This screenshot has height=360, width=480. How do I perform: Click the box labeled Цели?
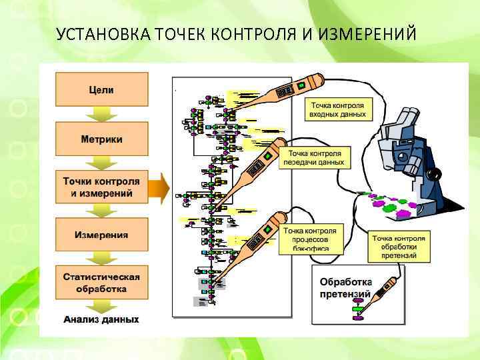pos(101,90)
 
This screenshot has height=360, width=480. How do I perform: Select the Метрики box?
pos(101,139)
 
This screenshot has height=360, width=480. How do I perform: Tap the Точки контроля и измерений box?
pos(101,187)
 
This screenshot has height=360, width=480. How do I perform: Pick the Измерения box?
pos(101,235)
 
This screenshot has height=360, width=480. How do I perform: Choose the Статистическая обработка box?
pos(101,283)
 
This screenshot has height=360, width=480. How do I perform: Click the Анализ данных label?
pos(101,319)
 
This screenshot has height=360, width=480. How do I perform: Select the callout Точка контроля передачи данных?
pos(315,157)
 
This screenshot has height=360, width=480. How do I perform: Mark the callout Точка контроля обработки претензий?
pos(398,247)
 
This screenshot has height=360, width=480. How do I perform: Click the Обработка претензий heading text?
pos(345,287)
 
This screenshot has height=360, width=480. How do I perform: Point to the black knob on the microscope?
pos(435,174)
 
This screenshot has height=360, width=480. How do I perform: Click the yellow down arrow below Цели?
pos(101,113)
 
